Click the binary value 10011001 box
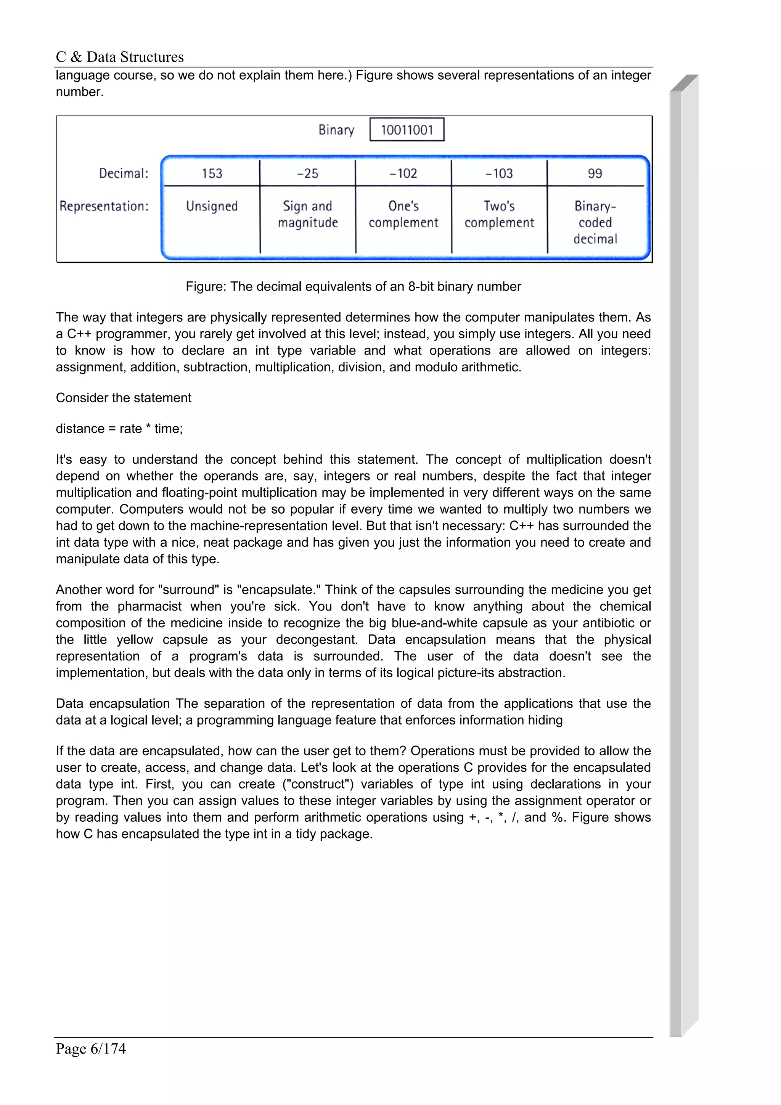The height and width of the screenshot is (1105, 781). pyautogui.click(x=407, y=130)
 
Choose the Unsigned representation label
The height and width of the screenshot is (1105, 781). pyautogui.click(x=212, y=206)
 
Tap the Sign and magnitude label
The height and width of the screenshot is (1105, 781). pyautogui.click(x=307, y=214)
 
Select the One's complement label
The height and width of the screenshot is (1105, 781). pyautogui.click(x=403, y=214)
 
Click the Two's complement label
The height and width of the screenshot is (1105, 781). pyautogui.click(x=499, y=214)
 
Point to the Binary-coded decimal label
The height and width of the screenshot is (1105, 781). pyautogui.click(x=595, y=222)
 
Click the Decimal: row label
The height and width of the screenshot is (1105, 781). pyautogui.click(x=124, y=173)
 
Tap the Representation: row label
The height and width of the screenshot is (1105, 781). pyautogui.click(x=104, y=206)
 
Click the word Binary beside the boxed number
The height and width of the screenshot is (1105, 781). pyautogui.click(x=336, y=130)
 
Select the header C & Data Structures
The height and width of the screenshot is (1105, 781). pyautogui.click(x=120, y=57)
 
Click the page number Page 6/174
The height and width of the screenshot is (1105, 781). pyautogui.click(x=91, y=1048)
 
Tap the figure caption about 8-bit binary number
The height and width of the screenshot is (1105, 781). pyautogui.click(x=353, y=286)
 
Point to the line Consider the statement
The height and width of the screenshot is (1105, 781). pyautogui.click(x=124, y=398)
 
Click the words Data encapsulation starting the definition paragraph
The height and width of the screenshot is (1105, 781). pyautogui.click(x=112, y=703)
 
